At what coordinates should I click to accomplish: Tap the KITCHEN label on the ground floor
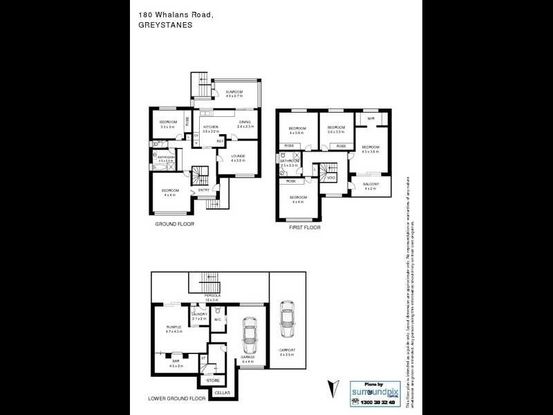tap(211, 127)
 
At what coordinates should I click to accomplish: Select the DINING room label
tap(244, 122)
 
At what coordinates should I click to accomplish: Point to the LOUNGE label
tap(238, 156)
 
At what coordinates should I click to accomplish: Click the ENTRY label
tap(204, 190)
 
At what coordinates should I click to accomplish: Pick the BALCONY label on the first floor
tap(371, 184)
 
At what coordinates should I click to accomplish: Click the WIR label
tap(371, 118)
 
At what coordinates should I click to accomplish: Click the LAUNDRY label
tap(199, 315)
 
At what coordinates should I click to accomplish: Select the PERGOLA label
tap(211, 296)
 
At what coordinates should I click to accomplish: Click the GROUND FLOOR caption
tap(174, 225)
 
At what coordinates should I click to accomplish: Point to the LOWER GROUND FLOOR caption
tap(178, 399)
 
